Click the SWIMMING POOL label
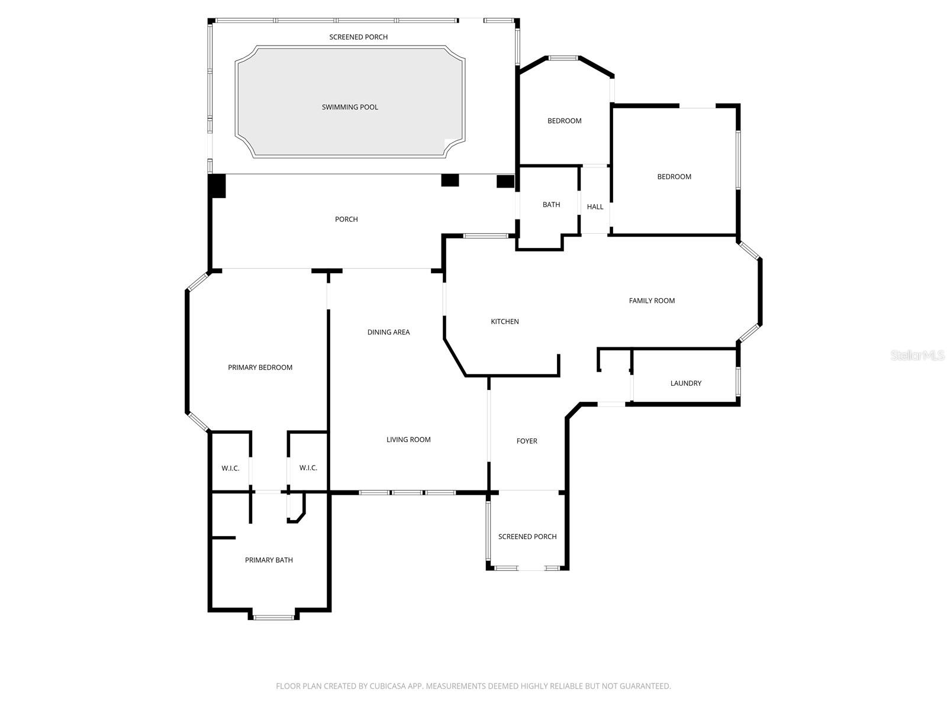350,107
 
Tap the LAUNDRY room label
685,383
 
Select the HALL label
595,206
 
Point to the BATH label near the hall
551,205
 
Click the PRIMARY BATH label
269,560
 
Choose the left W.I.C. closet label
230,468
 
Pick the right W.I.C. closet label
308,467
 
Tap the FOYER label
527,441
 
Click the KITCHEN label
504,321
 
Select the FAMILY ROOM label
652,301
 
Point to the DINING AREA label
388,332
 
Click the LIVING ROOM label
408,440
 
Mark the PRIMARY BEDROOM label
260,367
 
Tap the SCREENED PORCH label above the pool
358,37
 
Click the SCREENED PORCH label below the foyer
527,537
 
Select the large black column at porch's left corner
217,186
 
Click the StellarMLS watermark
917,355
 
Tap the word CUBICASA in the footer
387,686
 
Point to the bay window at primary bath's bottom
273,617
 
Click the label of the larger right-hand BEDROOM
674,176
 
